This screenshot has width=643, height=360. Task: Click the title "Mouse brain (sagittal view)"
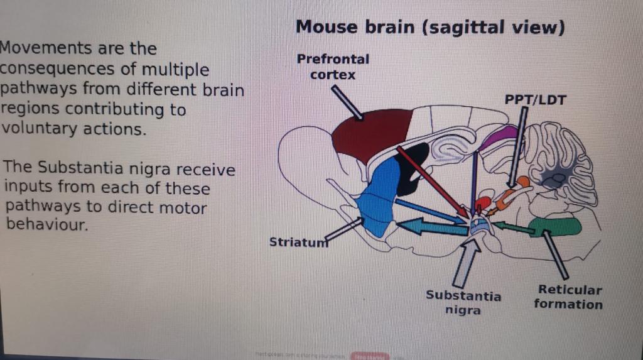click(x=430, y=28)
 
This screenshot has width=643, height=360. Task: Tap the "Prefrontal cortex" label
click(x=333, y=67)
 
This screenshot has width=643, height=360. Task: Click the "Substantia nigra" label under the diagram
click(x=463, y=302)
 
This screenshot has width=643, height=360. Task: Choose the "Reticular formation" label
click(x=569, y=297)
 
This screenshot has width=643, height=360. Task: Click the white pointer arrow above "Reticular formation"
click(x=556, y=254)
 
